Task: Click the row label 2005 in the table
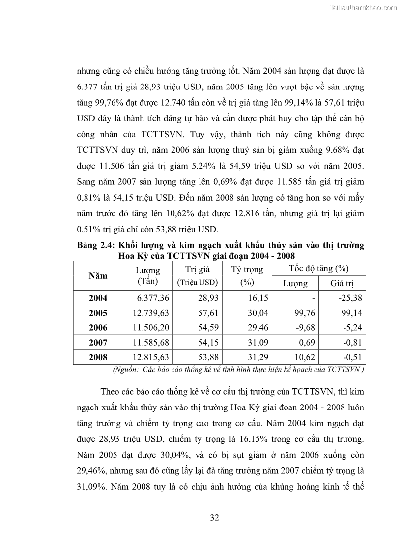98,313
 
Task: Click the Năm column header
98,276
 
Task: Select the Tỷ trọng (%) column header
247,276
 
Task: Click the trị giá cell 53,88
208,357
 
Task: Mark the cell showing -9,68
304,328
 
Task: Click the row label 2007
98,343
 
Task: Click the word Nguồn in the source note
125,369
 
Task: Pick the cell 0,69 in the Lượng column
306,343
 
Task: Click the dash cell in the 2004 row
313,298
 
